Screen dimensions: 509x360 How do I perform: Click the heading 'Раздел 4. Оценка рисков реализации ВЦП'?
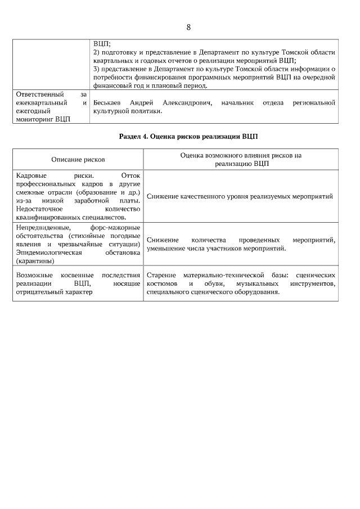(188, 137)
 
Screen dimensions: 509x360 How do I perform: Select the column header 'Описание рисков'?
(78, 160)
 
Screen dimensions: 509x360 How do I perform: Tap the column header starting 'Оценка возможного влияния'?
(241, 160)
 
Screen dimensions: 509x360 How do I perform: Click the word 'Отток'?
(130, 175)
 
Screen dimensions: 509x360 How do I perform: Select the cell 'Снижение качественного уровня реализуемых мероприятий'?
(240, 196)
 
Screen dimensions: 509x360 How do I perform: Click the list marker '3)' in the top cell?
(96, 69)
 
